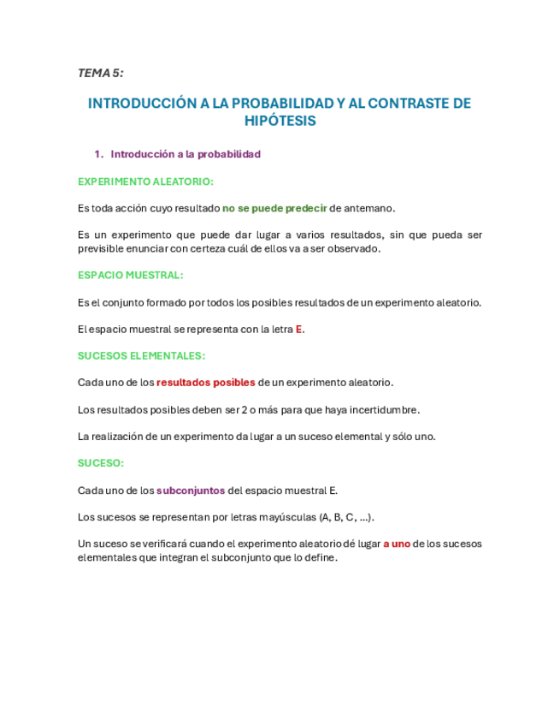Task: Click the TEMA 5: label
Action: coord(100,73)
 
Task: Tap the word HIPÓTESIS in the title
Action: coord(280,122)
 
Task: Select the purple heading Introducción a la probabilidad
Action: coord(186,154)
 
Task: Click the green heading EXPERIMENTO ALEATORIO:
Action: coord(145,181)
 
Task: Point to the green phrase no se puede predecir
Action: coord(274,208)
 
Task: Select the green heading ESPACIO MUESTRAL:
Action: coord(130,276)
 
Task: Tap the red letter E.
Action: coord(299,329)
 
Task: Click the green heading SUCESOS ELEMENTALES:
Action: coord(141,355)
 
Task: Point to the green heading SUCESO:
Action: coord(101,462)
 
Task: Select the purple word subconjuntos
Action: coord(191,491)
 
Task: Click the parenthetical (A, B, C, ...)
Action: coord(346,517)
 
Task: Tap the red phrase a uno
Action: coord(396,544)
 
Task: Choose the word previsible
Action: coord(103,249)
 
